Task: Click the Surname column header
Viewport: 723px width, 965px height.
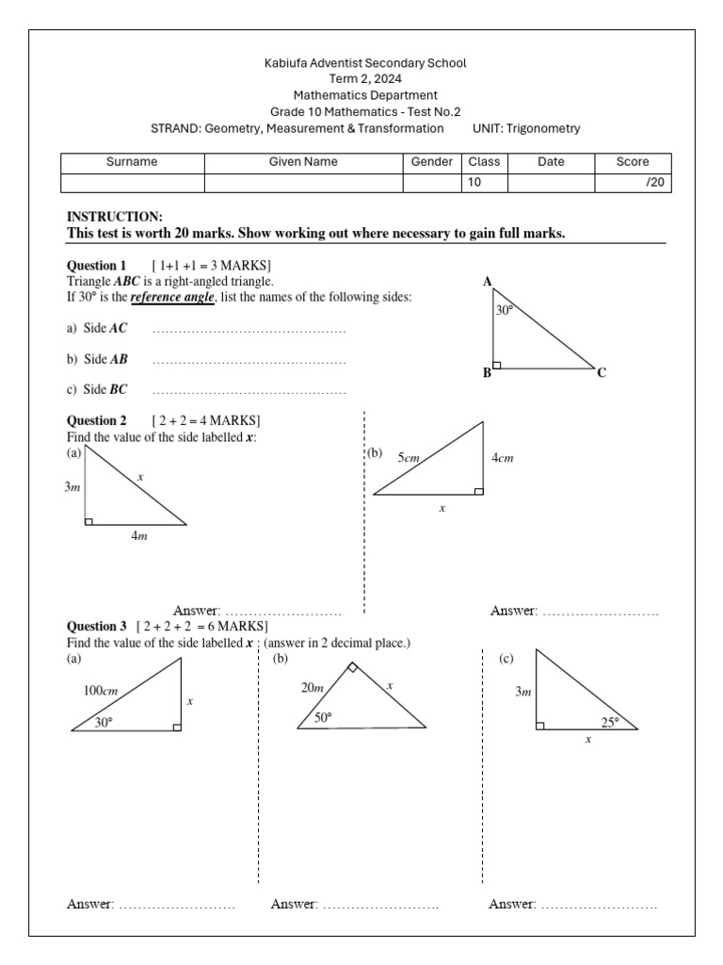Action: coord(132,162)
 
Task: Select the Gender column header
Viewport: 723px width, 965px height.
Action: coord(432,162)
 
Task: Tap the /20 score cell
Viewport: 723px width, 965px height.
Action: coord(653,183)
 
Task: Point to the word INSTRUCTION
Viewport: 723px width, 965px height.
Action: coord(114,217)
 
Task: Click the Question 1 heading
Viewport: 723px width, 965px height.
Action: coord(96,266)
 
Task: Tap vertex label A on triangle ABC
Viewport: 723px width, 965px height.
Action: coord(488,282)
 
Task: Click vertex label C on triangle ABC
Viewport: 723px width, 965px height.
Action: coord(602,373)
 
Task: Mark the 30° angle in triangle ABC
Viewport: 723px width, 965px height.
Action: coord(505,309)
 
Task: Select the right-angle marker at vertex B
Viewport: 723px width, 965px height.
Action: coord(496,364)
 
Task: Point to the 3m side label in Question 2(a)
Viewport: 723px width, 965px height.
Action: coord(72,487)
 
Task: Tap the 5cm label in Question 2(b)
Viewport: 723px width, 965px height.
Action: coord(408,458)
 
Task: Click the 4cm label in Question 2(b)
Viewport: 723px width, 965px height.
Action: coord(503,458)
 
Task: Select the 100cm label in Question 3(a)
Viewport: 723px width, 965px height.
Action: coord(100,691)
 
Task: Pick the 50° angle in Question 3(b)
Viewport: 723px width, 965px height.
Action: coord(323,717)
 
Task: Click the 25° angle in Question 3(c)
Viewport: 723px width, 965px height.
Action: coord(611,723)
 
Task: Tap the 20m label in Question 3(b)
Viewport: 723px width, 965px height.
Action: coord(313,688)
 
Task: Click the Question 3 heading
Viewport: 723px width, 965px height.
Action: coord(96,626)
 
